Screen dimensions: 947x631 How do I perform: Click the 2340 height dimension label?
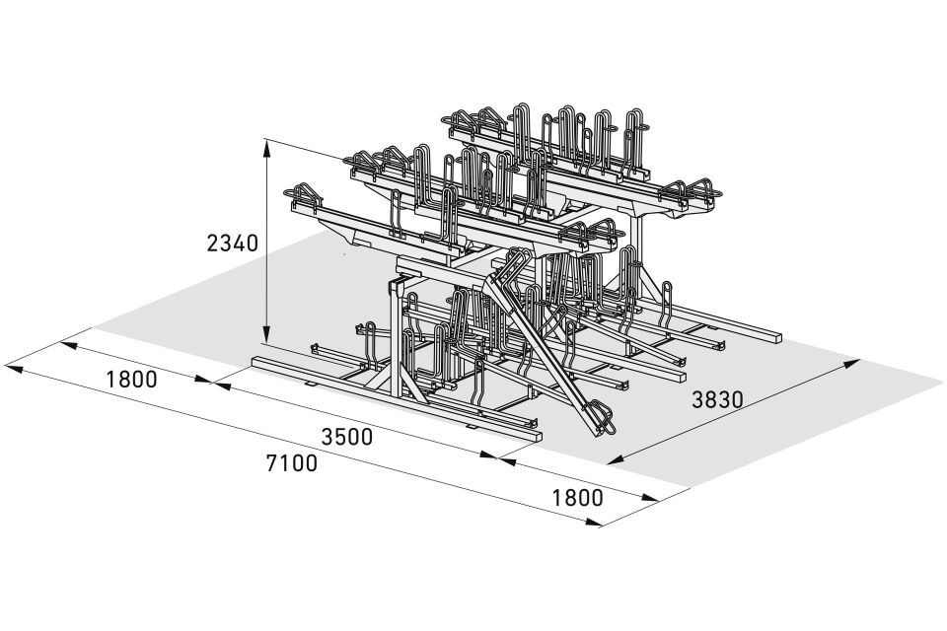coord(233,243)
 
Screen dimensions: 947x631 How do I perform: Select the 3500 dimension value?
coord(346,436)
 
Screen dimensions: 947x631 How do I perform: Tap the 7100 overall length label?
coord(292,463)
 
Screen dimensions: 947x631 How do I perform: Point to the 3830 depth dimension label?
coord(717,399)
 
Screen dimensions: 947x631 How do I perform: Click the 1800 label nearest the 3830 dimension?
coord(577,498)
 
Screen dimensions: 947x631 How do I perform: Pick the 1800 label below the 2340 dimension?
coord(131,380)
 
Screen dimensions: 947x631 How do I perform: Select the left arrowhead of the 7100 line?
coord(13,368)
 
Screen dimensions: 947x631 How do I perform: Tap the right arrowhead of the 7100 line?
coord(592,523)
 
